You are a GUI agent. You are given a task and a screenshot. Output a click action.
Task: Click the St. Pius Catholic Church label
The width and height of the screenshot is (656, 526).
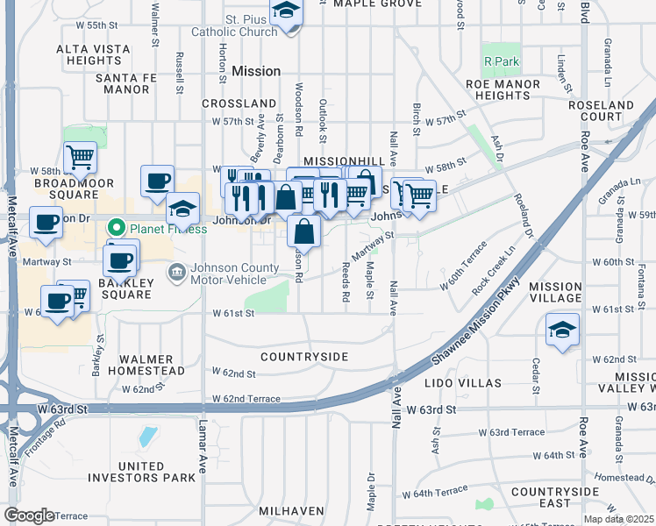[245, 25]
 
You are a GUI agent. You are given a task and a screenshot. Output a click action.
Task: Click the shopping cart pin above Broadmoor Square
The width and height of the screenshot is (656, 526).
[80, 158]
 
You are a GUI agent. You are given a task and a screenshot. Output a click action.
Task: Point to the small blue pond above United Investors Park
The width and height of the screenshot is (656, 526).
[147, 437]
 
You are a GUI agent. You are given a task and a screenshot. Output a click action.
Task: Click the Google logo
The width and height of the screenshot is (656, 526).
[29, 515]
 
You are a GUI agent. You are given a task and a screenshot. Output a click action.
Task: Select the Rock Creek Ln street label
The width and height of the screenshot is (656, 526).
[498, 274]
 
